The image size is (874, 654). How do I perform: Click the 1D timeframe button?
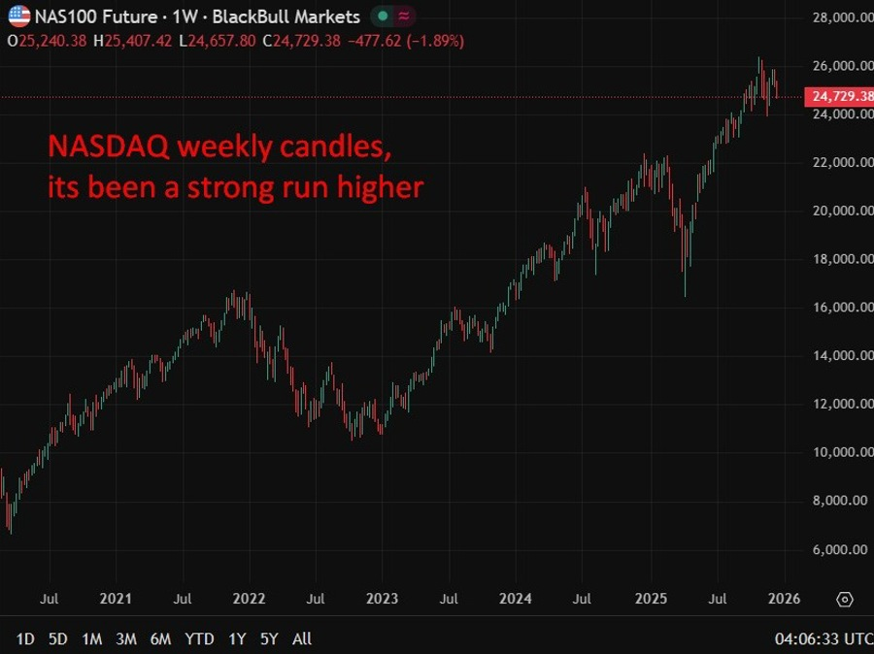click(x=25, y=638)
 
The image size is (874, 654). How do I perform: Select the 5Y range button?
click(x=270, y=638)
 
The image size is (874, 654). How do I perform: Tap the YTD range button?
click(x=199, y=638)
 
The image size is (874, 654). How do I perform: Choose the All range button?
click(x=302, y=638)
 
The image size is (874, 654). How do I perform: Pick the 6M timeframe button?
click(x=160, y=638)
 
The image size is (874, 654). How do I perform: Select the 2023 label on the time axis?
click(x=382, y=599)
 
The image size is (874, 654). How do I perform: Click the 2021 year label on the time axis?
click(x=117, y=599)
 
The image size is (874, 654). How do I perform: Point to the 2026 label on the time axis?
click(x=784, y=599)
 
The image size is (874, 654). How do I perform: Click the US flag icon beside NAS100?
click(x=18, y=16)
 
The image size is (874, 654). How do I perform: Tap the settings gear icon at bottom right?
click(x=845, y=599)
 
